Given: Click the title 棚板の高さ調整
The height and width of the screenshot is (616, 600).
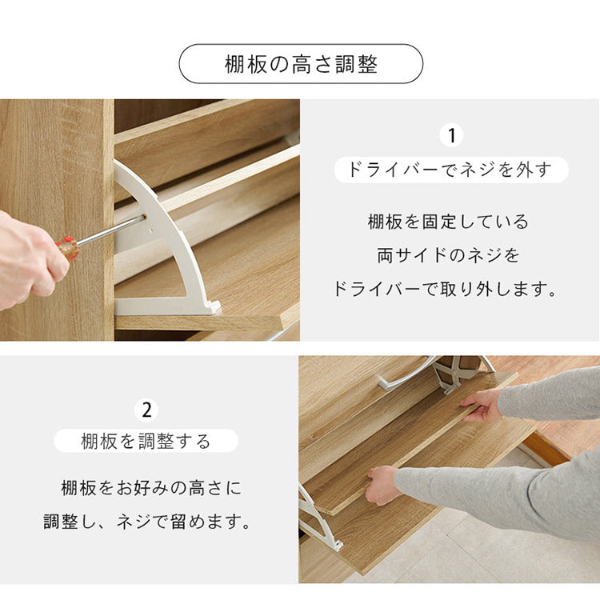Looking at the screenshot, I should (x=301, y=65).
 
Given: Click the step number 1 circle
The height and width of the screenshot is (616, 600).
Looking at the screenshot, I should (x=451, y=135).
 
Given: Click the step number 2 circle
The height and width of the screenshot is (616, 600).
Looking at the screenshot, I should (x=146, y=410).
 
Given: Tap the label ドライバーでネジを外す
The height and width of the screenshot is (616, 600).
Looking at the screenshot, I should (x=450, y=170).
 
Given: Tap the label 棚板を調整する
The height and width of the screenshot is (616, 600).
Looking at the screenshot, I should (x=146, y=441).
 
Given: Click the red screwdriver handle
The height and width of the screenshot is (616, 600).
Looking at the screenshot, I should (x=68, y=246).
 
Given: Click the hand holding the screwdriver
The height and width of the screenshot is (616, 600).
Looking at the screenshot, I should (x=28, y=260).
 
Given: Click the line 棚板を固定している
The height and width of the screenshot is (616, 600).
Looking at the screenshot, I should (x=449, y=222).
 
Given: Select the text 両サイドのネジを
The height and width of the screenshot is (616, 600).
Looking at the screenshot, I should (x=449, y=255).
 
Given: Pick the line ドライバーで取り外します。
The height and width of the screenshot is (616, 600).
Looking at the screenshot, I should (x=449, y=290).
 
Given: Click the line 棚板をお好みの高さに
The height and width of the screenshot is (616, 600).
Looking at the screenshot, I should (x=150, y=487).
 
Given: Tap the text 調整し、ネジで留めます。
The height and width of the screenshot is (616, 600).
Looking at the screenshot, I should (x=147, y=522).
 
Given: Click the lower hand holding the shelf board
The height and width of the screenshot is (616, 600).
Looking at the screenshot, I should (x=382, y=484).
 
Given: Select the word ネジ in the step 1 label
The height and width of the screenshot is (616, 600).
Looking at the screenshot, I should (x=478, y=170).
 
